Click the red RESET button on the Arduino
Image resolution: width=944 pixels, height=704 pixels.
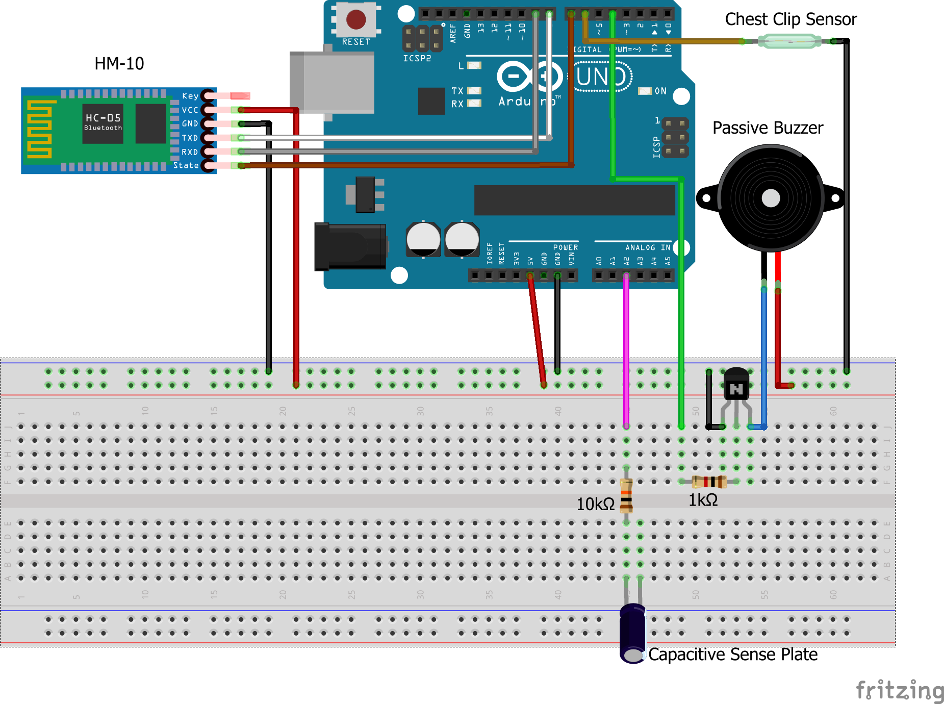coord(355,20)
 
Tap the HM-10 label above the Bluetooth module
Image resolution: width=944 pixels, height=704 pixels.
coord(119,64)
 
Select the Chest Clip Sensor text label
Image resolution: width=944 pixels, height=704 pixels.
coord(790,19)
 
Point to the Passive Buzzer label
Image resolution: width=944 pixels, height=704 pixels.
coord(768,128)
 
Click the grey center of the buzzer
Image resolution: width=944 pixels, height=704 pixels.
coord(771,198)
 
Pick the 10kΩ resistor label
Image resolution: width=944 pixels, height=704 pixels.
coord(595,504)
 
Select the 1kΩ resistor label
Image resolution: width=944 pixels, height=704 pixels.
coord(703,500)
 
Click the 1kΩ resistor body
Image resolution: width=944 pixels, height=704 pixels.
coord(709,481)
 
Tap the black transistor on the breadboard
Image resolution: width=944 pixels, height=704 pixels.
coord(736,385)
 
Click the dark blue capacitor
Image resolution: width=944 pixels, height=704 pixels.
coord(633,633)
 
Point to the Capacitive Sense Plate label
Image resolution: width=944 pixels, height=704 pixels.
coord(732,655)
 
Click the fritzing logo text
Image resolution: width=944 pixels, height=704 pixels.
coord(900,691)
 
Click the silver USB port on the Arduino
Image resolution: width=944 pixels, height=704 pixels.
coord(332,82)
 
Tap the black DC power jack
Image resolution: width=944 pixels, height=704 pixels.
coord(350,246)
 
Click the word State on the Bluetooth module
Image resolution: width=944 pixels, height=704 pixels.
coord(186,165)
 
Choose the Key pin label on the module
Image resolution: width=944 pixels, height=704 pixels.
coord(190,96)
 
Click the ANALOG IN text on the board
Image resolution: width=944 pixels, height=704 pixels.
coord(648,247)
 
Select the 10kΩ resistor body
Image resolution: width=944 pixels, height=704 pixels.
coord(626,495)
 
